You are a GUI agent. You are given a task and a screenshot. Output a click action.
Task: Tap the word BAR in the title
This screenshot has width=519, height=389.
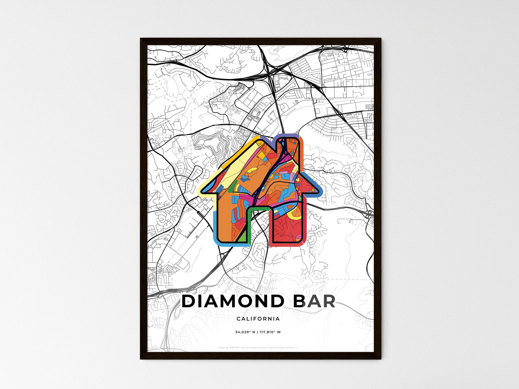[x=314, y=301]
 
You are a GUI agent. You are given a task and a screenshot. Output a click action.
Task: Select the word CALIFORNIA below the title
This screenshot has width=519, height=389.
[x=258, y=319]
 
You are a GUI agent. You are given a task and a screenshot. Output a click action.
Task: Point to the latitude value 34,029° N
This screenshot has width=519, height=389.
[x=245, y=332]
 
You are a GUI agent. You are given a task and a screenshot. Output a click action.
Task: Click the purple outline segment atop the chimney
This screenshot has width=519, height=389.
[x=287, y=136]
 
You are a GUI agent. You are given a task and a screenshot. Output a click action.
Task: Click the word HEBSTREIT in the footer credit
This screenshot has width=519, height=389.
[x=234, y=347]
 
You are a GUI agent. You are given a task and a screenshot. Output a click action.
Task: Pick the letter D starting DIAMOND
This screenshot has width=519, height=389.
[x=189, y=301]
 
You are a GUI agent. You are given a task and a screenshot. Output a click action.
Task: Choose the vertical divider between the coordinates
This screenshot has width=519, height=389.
[x=257, y=332]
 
